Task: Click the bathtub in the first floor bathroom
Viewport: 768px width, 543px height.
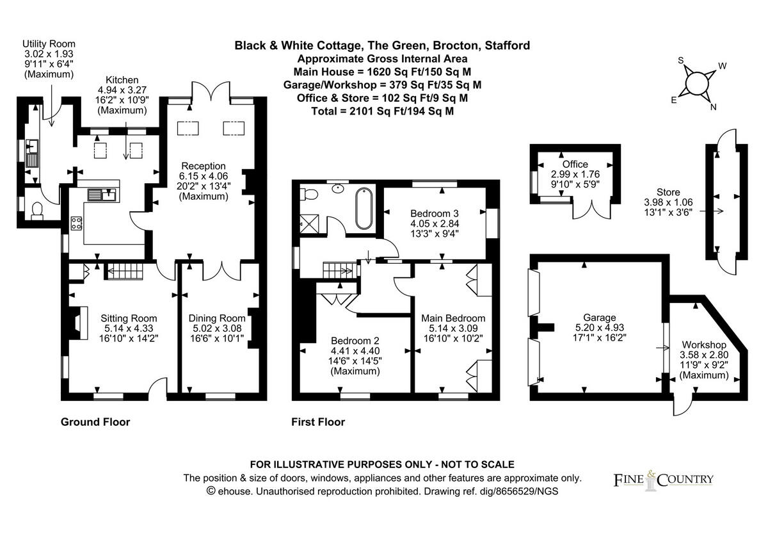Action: tap(362, 209)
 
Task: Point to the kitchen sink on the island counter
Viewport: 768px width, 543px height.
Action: tap(101, 193)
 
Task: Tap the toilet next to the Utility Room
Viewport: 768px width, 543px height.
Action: tap(37, 210)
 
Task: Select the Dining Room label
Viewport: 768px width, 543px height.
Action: tap(217, 318)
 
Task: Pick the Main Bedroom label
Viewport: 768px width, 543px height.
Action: tap(452, 318)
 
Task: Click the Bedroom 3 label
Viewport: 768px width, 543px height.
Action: tap(435, 213)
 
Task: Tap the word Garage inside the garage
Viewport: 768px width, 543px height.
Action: tap(599, 318)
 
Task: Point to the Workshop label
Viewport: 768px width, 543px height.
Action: tap(703, 344)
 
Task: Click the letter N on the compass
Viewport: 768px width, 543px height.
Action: tap(713, 107)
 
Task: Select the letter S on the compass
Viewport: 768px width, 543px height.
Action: tap(681, 61)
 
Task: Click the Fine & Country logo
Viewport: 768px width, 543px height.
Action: tap(663, 480)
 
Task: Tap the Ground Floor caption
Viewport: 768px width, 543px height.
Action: tap(95, 422)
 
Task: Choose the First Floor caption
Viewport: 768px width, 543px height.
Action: tap(318, 422)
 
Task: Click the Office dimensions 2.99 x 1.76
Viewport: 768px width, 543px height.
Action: tap(575, 175)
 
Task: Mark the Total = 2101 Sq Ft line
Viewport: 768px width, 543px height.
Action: tap(382, 111)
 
